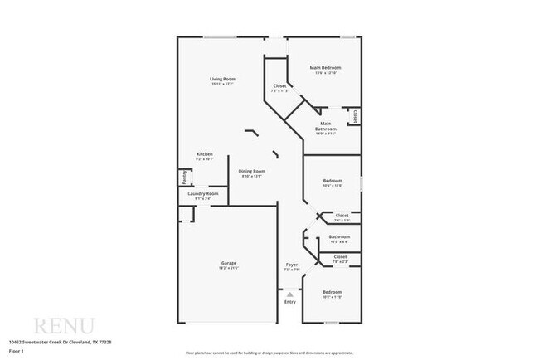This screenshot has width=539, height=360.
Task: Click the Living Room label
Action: click(223, 79)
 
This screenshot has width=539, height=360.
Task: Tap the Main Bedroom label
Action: click(326, 67)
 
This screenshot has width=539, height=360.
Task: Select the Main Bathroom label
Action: click(325, 126)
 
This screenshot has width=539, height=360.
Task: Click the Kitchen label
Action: click(205, 154)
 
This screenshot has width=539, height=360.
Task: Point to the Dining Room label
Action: click(251, 171)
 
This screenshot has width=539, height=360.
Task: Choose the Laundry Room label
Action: click(203, 193)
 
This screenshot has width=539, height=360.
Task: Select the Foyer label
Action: click(290, 265)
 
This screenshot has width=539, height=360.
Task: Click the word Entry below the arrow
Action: click(289, 302)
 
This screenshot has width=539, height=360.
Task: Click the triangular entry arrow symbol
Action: click(289, 294)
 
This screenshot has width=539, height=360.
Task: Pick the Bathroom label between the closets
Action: click(339, 236)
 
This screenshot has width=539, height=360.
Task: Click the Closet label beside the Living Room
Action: click(279, 86)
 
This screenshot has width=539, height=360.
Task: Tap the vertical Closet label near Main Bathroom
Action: click(355, 116)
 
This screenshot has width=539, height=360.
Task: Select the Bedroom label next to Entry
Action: click(332, 292)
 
